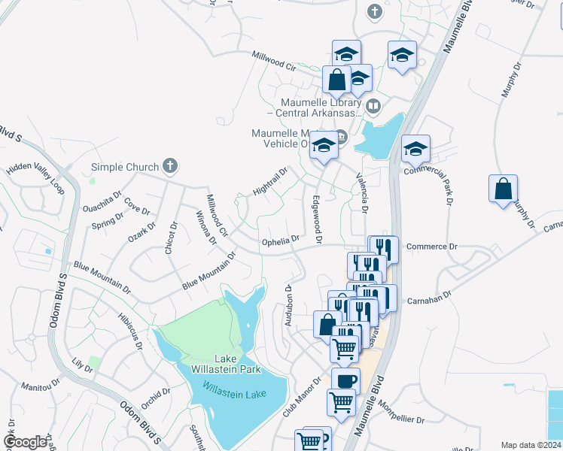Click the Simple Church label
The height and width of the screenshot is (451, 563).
tap(124, 167)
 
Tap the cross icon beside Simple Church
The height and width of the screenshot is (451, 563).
tap(171, 166)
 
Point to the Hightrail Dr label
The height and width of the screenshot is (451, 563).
tap(270, 183)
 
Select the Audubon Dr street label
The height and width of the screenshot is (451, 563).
tap(288, 304)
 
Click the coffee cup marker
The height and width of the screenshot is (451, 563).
tap(345, 380)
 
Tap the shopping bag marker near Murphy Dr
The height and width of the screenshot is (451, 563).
tap(503, 189)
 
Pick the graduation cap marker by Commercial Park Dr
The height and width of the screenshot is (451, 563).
tap(415, 149)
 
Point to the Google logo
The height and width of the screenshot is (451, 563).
tap(26, 442)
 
